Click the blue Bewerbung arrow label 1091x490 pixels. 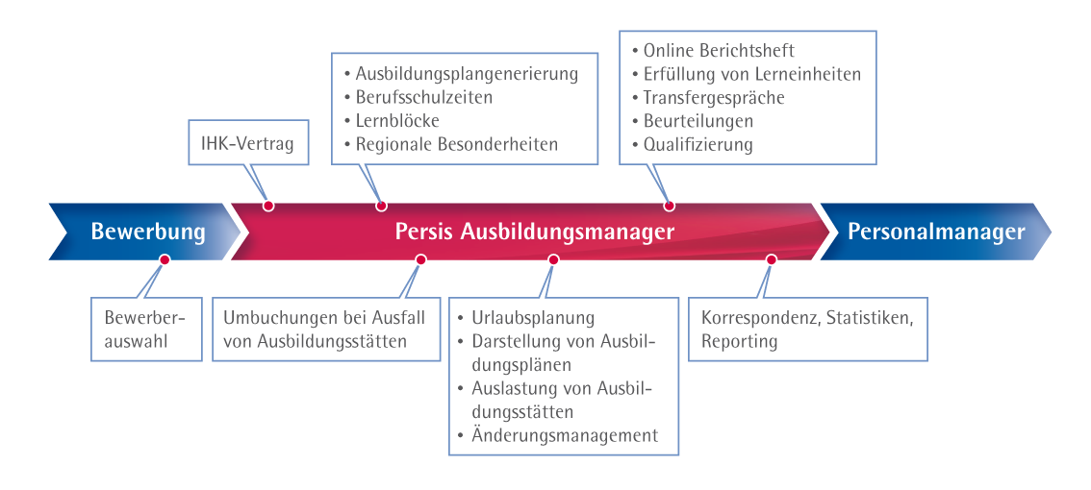click(148, 232)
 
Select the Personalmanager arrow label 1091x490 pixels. click(935, 232)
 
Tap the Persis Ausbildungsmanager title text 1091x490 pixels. click(534, 232)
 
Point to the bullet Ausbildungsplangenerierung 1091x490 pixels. click(467, 73)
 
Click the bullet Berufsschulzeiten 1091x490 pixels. click(424, 97)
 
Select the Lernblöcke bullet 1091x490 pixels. click(397, 121)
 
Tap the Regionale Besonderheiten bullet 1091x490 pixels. click(457, 145)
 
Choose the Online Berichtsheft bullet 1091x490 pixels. click(719, 50)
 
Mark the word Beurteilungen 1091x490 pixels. click(698, 121)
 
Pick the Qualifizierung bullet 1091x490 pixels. click(698, 145)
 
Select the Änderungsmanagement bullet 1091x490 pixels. click(565, 435)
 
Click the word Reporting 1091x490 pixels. click(739, 341)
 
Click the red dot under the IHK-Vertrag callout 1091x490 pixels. click(268, 205)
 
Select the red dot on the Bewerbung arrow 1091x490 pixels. click(165, 259)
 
